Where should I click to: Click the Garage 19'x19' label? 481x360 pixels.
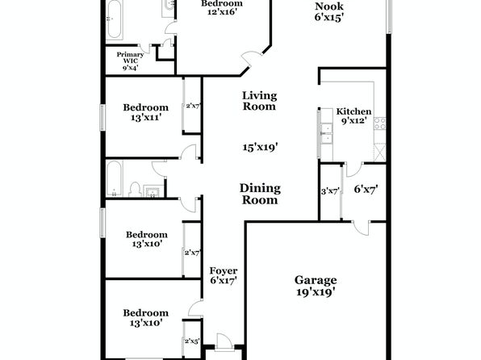coord(316,286)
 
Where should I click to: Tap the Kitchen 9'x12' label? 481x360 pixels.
coord(353,115)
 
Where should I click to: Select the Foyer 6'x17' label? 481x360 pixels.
coord(224,275)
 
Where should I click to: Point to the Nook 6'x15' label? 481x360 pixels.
coord(328,11)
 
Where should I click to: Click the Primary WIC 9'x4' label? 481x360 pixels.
coord(130,61)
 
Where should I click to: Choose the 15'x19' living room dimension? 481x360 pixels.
coord(260,148)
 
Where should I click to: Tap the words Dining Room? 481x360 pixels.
coord(260,194)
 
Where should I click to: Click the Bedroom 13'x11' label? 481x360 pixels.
coord(146,112)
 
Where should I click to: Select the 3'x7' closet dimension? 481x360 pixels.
coord(330,192)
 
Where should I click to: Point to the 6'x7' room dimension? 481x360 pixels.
coord(366,189)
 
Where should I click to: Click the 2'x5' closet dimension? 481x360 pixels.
coord(192,341)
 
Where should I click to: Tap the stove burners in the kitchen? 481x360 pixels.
coord(380,123)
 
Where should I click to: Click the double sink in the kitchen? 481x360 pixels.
coord(327,133)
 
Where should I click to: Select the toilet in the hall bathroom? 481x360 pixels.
coord(135,190)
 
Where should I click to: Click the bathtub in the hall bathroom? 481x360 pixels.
coord(114,178)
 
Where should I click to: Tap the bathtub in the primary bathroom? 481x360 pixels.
coord(114,19)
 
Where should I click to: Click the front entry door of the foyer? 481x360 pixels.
coord(223,342)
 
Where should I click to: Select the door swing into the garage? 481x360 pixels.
coord(361,228)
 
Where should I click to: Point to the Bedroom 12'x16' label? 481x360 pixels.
coord(222,8)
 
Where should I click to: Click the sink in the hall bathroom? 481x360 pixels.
coord(153,191)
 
